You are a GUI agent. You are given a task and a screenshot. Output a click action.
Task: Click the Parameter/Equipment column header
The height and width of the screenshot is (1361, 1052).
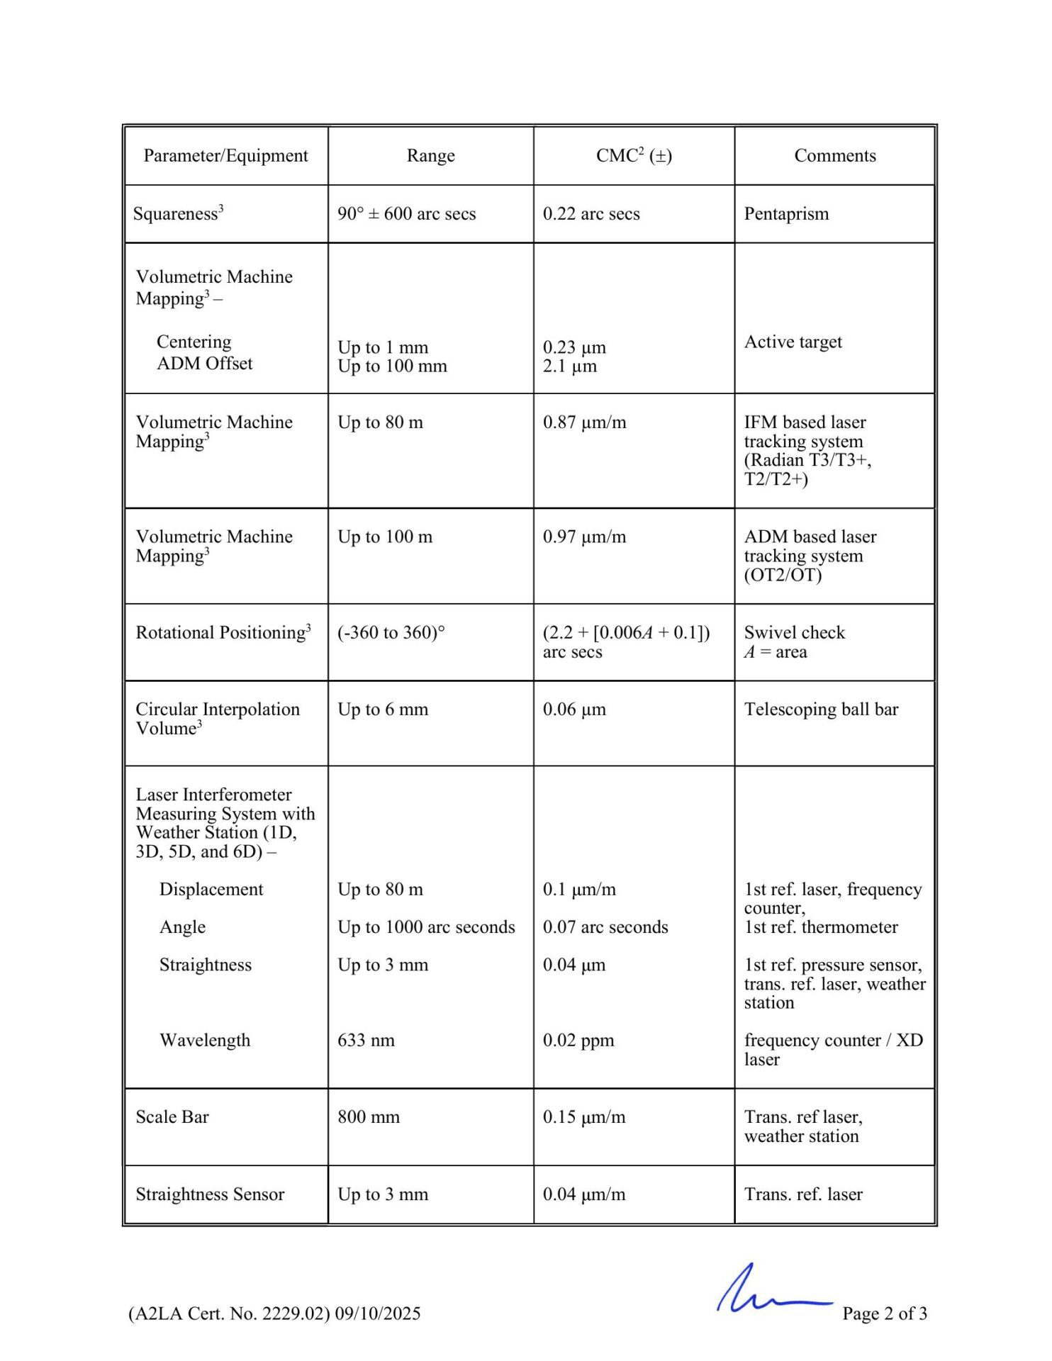pos(225,156)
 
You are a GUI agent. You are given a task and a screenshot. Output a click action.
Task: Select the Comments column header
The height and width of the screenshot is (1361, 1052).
pos(834,156)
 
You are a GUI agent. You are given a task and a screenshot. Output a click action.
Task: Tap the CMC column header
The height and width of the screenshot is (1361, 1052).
pos(633,156)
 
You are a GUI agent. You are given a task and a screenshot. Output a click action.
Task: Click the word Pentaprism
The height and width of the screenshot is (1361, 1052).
pos(786,214)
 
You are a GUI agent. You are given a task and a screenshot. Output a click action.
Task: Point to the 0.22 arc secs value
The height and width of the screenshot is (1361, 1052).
pos(591,214)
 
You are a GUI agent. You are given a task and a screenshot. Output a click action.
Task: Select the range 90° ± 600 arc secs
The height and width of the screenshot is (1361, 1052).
pos(406,214)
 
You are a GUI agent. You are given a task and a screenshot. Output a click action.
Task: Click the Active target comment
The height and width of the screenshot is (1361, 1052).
pos(793,342)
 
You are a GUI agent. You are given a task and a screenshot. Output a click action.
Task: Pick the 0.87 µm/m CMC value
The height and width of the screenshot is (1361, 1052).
pos(584,422)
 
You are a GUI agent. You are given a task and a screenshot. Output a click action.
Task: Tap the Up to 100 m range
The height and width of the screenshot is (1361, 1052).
pos(385,537)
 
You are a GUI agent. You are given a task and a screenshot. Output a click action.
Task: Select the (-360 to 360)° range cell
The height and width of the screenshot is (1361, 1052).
pos(391,632)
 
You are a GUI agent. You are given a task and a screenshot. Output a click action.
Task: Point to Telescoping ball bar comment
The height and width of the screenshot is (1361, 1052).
pos(821,710)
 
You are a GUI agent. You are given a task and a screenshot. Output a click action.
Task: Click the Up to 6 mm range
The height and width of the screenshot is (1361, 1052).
pos(383,710)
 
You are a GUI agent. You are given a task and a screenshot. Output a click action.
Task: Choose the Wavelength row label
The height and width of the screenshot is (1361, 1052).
pos(205,1041)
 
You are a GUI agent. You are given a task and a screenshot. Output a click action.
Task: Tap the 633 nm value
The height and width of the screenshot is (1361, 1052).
pos(366,1041)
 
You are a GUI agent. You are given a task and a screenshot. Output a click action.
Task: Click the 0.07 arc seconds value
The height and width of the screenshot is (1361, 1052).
pos(605,927)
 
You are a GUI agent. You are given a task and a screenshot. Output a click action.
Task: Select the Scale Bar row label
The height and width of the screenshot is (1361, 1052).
pos(172,1117)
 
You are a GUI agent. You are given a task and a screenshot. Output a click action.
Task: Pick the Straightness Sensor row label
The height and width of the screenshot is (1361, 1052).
pos(210,1194)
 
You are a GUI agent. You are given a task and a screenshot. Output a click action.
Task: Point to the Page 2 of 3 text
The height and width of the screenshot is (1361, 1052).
pos(884,1314)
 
